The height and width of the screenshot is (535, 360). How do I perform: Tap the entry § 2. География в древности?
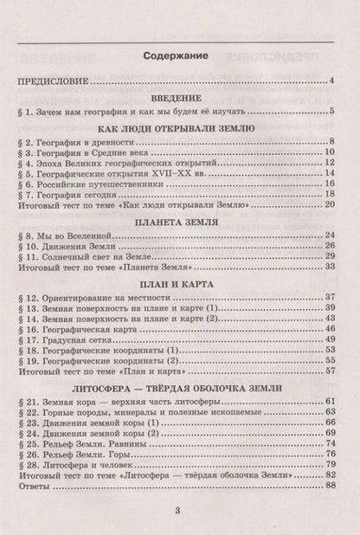[x=73, y=139]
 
